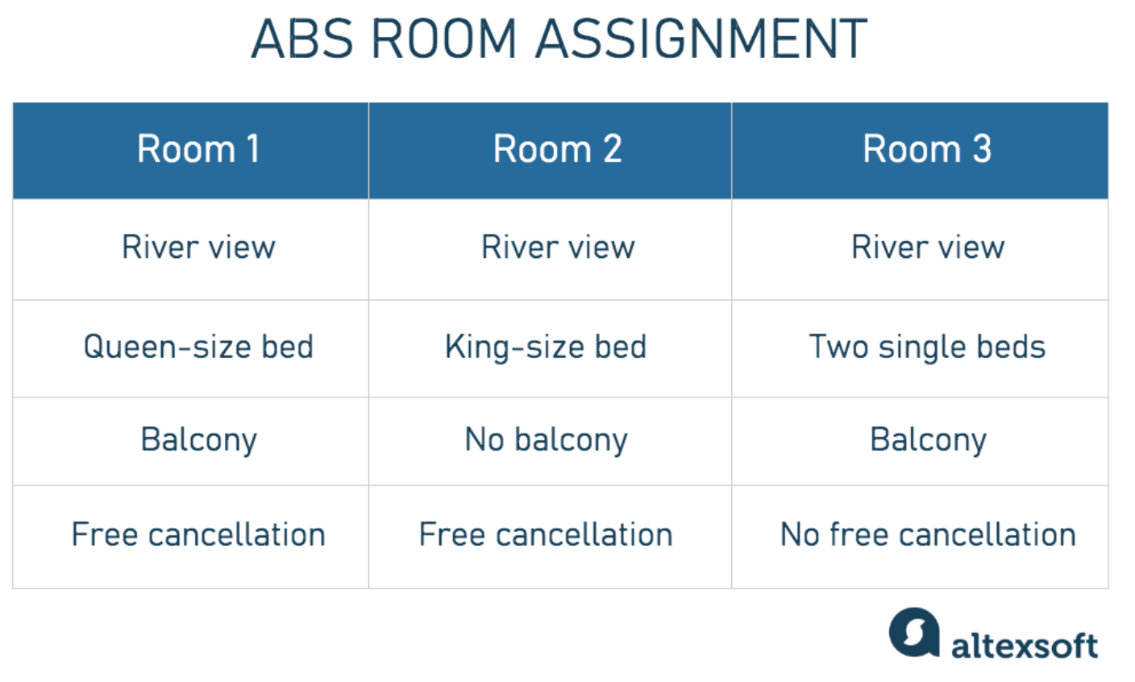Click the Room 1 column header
[x=190, y=151]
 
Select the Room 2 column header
[x=551, y=151]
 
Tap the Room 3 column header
[x=920, y=151]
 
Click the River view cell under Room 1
[x=190, y=249]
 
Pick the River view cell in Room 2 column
[x=551, y=249]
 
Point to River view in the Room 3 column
[x=920, y=249]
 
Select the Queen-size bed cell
[x=190, y=348]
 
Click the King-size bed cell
[x=551, y=348]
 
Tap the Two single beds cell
[x=920, y=348]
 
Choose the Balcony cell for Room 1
[x=190, y=441]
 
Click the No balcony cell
[x=551, y=441]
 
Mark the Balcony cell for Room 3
[x=920, y=441]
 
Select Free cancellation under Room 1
[x=190, y=537]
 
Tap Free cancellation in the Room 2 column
[x=551, y=537]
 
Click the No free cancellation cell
[x=920, y=537]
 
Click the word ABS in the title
[x=302, y=39]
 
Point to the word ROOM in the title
[x=444, y=39]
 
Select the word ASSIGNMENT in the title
[x=701, y=39]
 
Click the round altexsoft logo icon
[x=914, y=632]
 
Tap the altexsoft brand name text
[x=1025, y=646]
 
